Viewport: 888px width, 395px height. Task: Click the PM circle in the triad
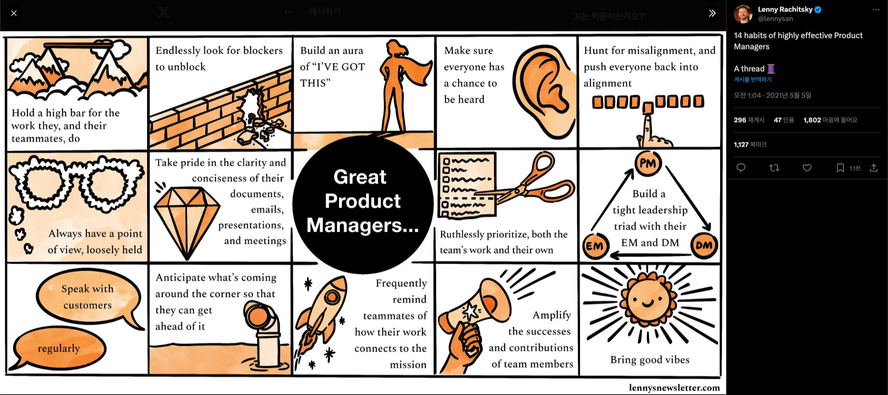click(x=647, y=163)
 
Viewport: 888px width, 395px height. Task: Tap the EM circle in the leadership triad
click(x=595, y=246)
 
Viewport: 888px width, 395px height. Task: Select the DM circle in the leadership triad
click(x=703, y=245)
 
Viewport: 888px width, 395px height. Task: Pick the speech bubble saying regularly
click(x=59, y=348)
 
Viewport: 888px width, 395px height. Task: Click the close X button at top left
click(x=14, y=13)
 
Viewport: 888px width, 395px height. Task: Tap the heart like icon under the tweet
click(x=807, y=168)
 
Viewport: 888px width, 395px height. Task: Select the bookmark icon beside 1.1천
click(x=840, y=168)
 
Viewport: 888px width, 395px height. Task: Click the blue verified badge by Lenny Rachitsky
click(x=818, y=9)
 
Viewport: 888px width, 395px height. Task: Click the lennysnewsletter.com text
click(x=674, y=388)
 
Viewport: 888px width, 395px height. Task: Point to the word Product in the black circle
click(x=363, y=201)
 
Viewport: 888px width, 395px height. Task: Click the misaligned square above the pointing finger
click(x=648, y=108)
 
